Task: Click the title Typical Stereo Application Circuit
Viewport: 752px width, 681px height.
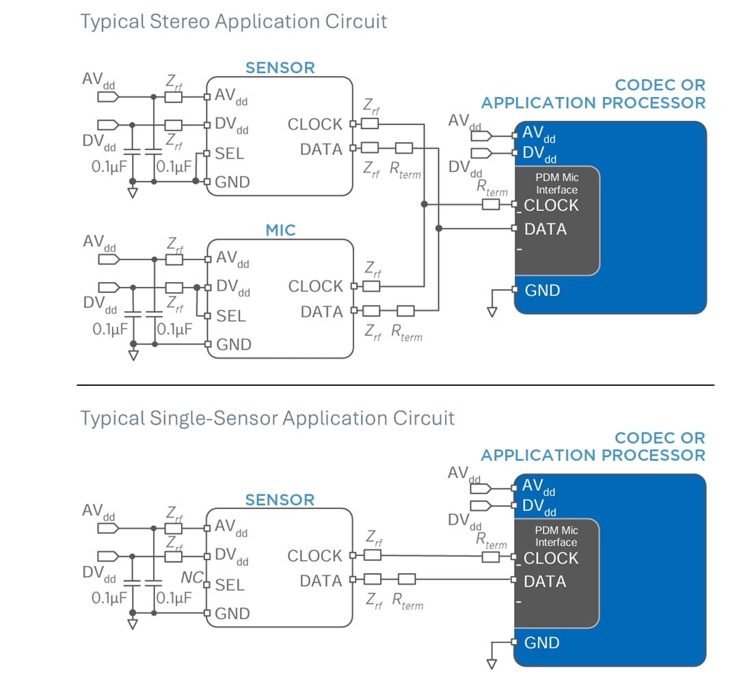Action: (234, 21)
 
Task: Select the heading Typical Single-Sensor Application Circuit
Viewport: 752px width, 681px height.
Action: (267, 417)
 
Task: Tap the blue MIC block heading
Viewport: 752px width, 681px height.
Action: (280, 230)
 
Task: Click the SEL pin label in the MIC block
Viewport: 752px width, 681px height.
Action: (230, 316)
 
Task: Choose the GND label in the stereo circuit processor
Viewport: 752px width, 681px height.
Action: (542, 290)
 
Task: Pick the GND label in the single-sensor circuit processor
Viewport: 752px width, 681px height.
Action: (542, 643)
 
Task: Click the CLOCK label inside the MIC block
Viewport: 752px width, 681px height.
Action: (315, 286)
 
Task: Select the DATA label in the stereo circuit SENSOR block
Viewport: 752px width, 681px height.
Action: (321, 149)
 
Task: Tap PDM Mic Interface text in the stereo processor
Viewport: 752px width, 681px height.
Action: (556, 184)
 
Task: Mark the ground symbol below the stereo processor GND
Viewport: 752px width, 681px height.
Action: (492, 311)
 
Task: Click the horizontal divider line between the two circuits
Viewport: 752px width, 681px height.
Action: (395, 385)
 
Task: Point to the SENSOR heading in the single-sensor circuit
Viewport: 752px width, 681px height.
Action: (280, 500)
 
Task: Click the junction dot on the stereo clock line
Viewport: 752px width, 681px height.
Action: (425, 204)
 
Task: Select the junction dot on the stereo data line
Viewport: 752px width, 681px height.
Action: (438, 228)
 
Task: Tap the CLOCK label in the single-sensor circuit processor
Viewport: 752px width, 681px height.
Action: (551, 558)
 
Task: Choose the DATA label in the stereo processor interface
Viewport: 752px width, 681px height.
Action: (546, 230)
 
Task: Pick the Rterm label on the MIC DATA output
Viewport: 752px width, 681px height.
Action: (406, 333)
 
